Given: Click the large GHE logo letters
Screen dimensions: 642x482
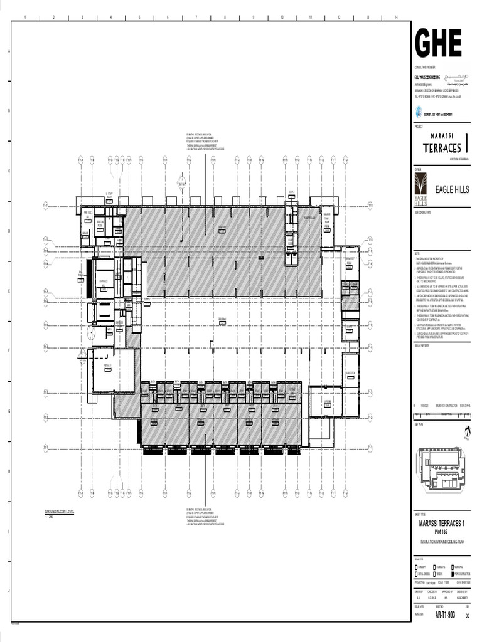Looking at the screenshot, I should coord(438,43).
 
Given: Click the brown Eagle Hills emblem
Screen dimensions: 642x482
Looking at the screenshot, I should coord(420,189).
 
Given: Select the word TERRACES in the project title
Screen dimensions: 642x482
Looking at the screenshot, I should coord(442,148).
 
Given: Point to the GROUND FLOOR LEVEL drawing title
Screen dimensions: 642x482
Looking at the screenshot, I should coord(59,512).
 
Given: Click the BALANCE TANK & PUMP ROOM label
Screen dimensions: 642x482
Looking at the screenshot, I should coord(327,218).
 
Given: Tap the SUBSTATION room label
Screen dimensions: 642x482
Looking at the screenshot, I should coord(350,374).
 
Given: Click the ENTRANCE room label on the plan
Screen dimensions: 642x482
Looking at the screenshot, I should coord(104,281).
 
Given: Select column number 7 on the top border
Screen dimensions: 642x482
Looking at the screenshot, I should coord(196,18).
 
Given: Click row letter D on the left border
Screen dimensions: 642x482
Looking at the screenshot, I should coord(8,231).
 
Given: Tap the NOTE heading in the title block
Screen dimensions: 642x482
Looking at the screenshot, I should coord(417,249).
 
